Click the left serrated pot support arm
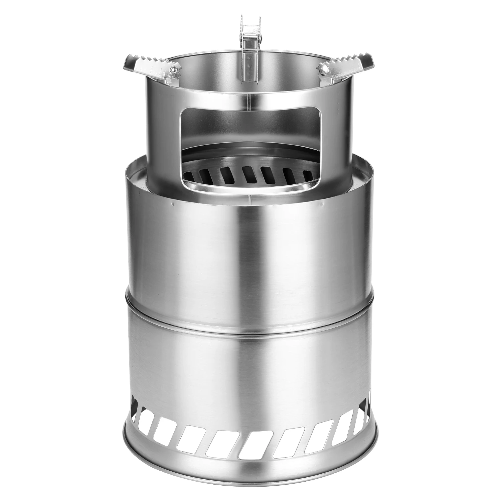pyautogui.click(x=150, y=67)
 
